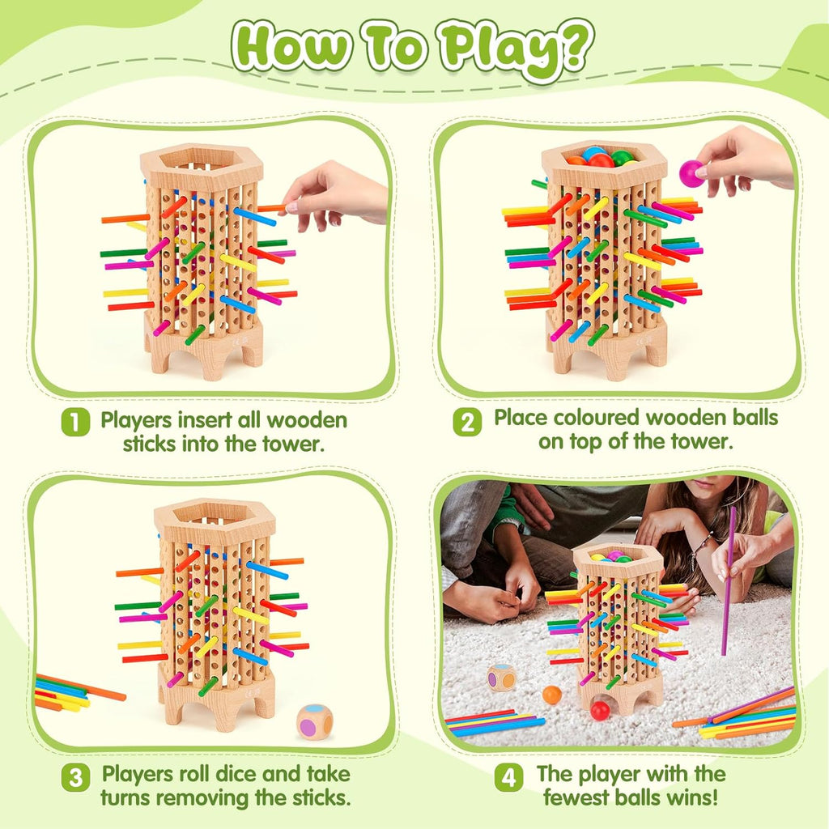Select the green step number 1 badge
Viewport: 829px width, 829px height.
click(x=75, y=422)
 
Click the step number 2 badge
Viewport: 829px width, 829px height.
click(x=466, y=422)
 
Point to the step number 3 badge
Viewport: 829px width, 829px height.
click(x=75, y=779)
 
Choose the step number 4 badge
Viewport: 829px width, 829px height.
click(x=508, y=779)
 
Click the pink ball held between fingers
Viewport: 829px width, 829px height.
click(x=691, y=172)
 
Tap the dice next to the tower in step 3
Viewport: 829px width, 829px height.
click(x=314, y=721)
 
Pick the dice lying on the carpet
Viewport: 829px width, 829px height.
click(x=501, y=678)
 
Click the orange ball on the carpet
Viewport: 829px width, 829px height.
click(x=551, y=695)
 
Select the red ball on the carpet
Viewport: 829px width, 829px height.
click(x=600, y=710)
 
